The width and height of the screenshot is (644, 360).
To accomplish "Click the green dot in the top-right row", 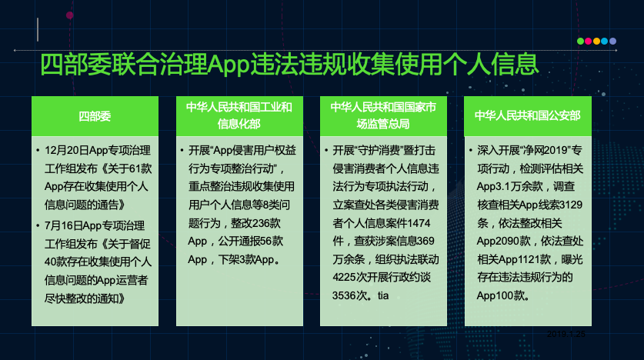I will (x=580, y=41).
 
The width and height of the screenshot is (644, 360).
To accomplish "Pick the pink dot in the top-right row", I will (x=589, y=41).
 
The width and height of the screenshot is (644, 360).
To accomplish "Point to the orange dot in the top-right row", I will (x=596, y=41).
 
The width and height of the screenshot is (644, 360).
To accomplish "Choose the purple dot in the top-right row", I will (x=613, y=41).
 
